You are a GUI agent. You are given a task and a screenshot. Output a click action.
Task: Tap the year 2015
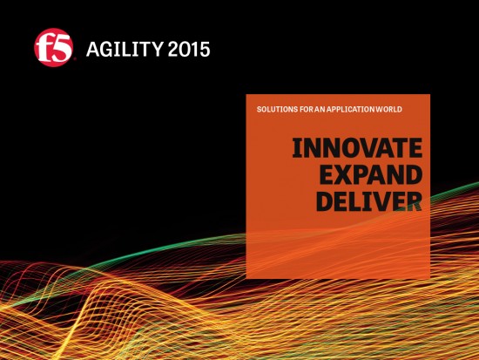(x=190, y=48)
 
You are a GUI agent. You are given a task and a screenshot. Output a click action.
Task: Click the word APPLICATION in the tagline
(x=354, y=110)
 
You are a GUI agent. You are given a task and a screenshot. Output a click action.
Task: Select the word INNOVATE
(x=356, y=148)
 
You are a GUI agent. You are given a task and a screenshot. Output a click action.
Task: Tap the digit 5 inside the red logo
(x=59, y=48)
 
